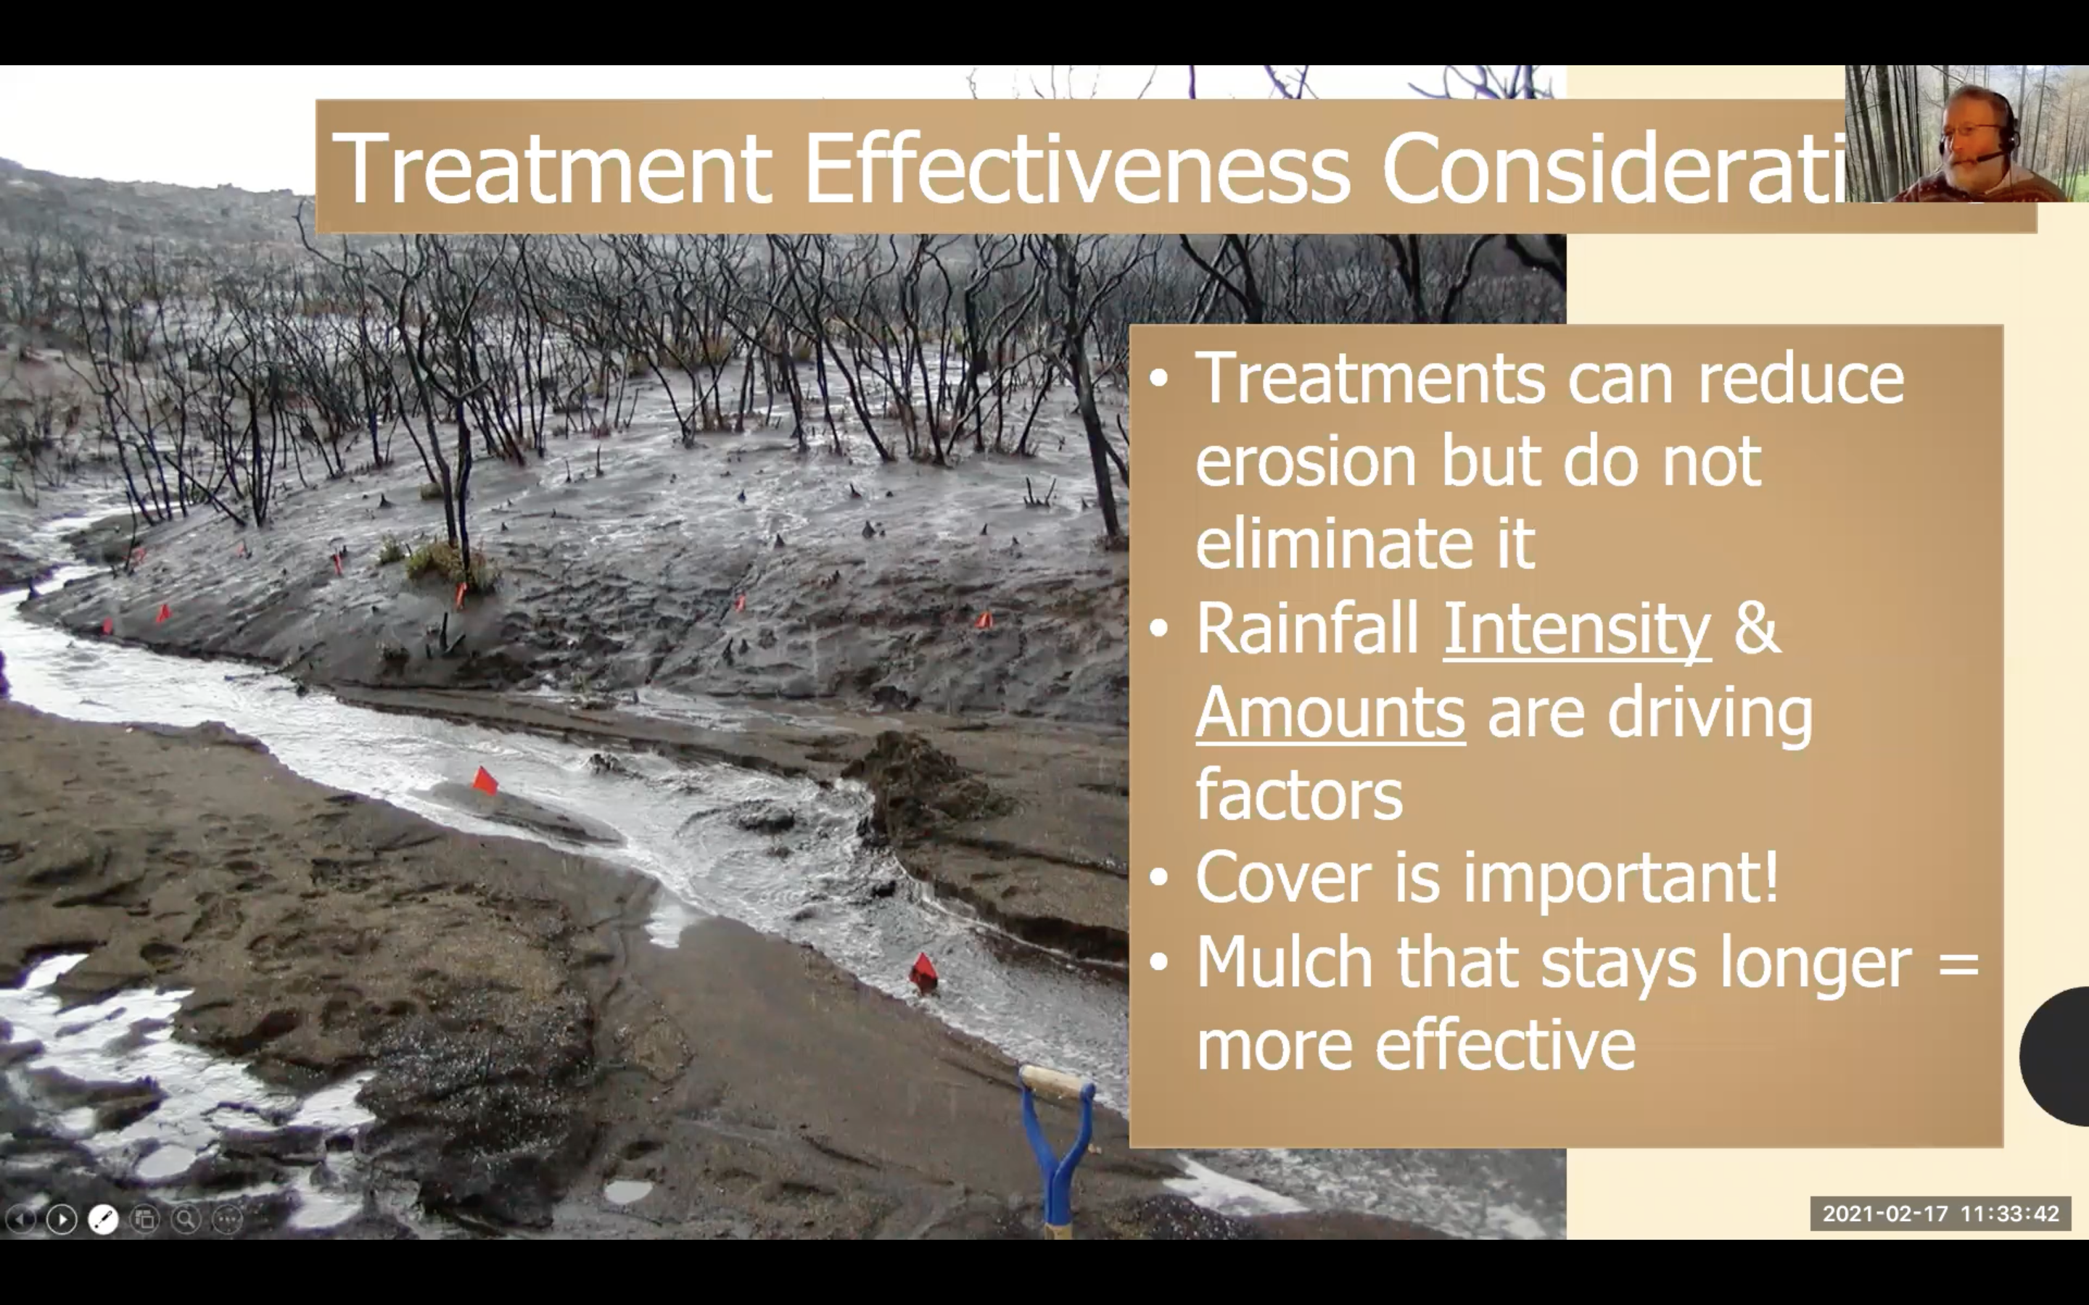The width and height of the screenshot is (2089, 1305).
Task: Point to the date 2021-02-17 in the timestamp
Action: pyautogui.click(x=1885, y=1214)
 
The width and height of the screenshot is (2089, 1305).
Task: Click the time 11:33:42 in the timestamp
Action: pyautogui.click(x=2010, y=1214)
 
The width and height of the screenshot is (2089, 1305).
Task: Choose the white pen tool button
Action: pyautogui.click(x=104, y=1219)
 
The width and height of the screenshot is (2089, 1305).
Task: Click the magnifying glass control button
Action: pyautogui.click(x=186, y=1219)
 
